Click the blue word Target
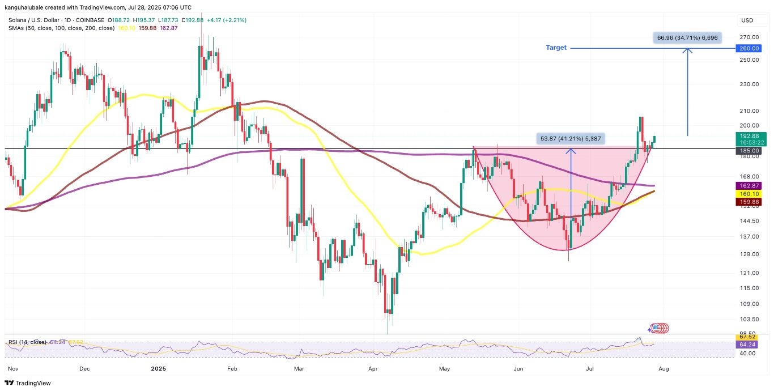pyautogui.click(x=556, y=48)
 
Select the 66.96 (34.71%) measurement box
pyautogui.click(x=687, y=37)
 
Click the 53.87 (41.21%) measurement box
pyautogui.click(x=571, y=138)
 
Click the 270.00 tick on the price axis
pyautogui.click(x=749, y=37)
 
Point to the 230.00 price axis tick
pyautogui.click(x=749, y=84)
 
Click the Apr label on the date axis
pyautogui.click(x=373, y=368)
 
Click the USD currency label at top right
pyautogui.click(x=747, y=20)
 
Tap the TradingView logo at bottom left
pyautogui.click(x=28, y=383)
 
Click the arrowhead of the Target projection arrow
pyautogui.click(x=688, y=50)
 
